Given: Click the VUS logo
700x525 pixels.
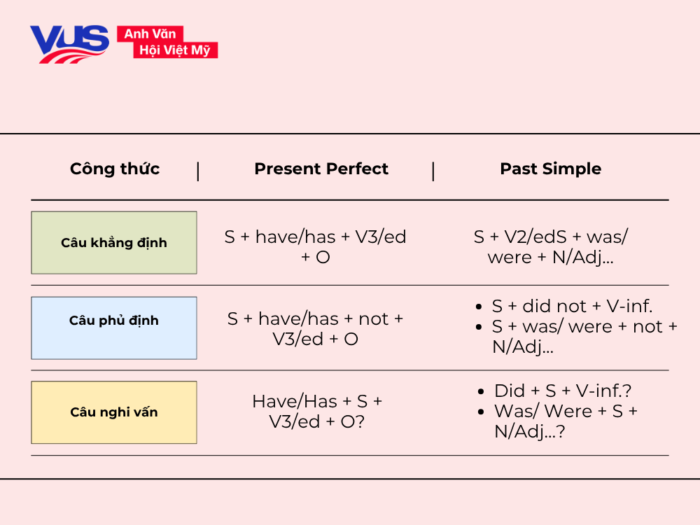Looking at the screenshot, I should click(x=69, y=43).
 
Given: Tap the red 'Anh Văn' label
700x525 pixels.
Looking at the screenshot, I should click(x=150, y=34).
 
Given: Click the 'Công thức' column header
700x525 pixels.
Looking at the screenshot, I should click(x=115, y=169).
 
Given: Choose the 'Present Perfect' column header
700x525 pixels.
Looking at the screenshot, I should click(x=321, y=169).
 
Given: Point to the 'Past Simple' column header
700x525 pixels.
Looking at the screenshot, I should click(x=550, y=169).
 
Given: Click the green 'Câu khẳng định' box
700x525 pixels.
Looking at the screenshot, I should click(x=114, y=243).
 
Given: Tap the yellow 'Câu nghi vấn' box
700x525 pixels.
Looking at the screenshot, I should click(x=114, y=412).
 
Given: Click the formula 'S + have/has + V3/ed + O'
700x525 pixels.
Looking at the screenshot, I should click(x=315, y=246).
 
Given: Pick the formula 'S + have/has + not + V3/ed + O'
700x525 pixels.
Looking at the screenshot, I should click(x=315, y=329).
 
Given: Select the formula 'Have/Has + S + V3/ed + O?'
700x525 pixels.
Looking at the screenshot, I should click(x=317, y=412).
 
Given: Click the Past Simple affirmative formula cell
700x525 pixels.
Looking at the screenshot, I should click(x=550, y=246).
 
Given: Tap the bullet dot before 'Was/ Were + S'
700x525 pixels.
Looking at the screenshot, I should click(x=480, y=412).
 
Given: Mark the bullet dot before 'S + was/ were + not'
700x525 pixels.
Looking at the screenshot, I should click(x=478, y=327).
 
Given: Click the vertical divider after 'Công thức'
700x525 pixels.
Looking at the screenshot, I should click(x=198, y=170).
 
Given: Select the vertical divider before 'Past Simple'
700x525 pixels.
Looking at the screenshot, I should click(x=433, y=170).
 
